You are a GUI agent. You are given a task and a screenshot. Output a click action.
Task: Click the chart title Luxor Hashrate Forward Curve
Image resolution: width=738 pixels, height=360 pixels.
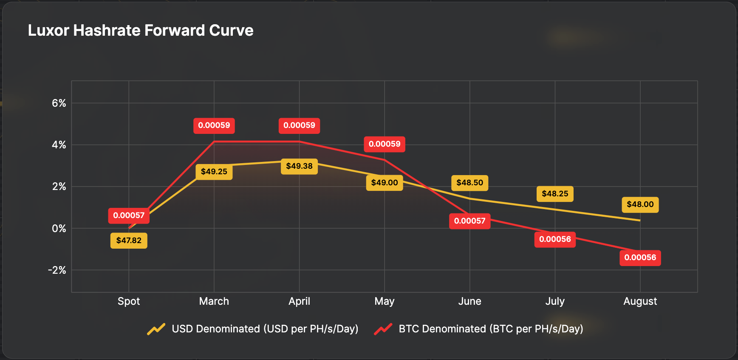pyautogui.click(x=141, y=31)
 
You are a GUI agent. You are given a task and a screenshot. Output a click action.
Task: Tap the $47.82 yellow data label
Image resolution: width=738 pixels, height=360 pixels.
pyautogui.click(x=129, y=241)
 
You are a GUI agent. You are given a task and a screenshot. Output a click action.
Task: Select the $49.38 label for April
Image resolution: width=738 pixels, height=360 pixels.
pyautogui.click(x=299, y=166)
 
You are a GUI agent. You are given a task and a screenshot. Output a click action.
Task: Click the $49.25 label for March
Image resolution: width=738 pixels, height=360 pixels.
pyautogui.click(x=214, y=172)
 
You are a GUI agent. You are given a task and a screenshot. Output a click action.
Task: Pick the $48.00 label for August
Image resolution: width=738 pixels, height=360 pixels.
pyautogui.click(x=640, y=204)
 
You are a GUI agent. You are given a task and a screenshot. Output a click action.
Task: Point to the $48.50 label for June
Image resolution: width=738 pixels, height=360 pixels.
pyautogui.click(x=469, y=183)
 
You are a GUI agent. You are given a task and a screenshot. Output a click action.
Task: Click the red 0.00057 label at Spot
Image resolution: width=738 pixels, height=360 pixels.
pyautogui.click(x=129, y=215)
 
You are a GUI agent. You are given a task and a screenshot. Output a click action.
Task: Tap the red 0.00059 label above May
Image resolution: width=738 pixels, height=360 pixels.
pyautogui.click(x=385, y=144)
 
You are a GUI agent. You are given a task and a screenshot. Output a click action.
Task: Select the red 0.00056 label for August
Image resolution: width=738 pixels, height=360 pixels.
pyautogui.click(x=640, y=258)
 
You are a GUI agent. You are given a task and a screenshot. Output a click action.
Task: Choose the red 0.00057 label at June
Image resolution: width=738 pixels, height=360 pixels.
pyautogui.click(x=469, y=221)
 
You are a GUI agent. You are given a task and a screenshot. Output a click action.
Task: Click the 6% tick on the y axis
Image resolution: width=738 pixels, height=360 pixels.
pyautogui.click(x=59, y=103)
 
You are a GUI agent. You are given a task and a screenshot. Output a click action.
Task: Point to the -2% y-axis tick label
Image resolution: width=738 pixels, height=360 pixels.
pyautogui.click(x=57, y=270)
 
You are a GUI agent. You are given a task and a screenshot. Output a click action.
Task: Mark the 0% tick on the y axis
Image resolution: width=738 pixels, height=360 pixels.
pyautogui.click(x=59, y=229)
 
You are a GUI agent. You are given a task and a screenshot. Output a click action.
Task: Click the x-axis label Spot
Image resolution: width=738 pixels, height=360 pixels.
pyautogui.click(x=129, y=301)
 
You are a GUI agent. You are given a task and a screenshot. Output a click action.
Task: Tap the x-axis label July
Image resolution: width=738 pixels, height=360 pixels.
pyautogui.click(x=555, y=301)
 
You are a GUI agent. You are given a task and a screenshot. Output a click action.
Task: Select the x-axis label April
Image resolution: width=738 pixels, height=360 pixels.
pyautogui.click(x=299, y=301)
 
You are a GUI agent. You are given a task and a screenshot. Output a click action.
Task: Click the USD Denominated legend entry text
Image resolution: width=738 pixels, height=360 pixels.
pyautogui.click(x=265, y=329)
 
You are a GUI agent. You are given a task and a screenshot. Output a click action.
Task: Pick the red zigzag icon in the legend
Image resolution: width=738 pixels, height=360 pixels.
pyautogui.click(x=383, y=329)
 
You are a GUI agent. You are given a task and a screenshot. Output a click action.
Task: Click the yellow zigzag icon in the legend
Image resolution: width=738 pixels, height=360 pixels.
pyautogui.click(x=156, y=329)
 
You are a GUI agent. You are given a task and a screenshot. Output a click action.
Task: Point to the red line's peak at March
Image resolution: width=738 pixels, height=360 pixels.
pyautogui.click(x=214, y=142)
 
